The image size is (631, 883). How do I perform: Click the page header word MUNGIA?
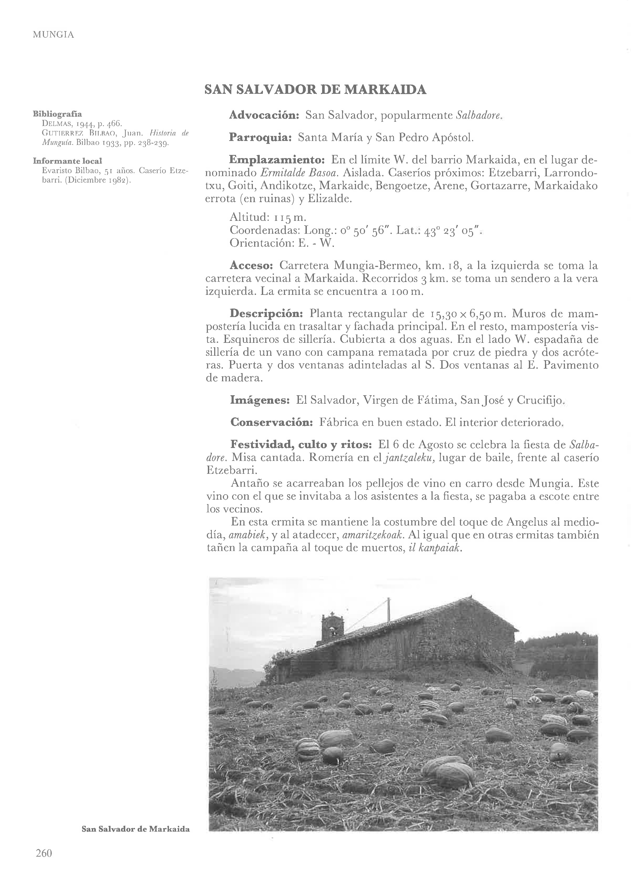click(x=53, y=35)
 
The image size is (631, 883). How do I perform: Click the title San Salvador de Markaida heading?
click(x=315, y=90)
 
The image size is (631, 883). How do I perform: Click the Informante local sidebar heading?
click(x=67, y=161)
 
